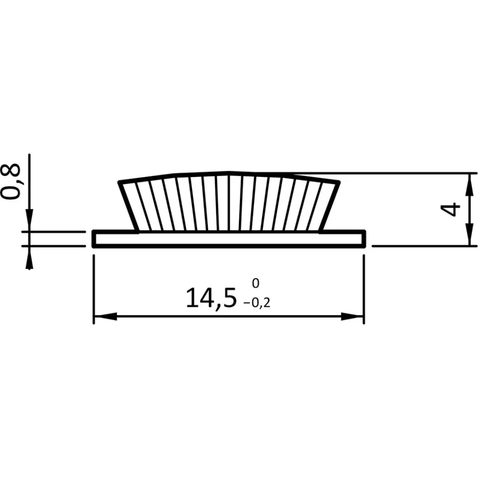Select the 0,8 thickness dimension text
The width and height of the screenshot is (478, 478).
pos(11,181)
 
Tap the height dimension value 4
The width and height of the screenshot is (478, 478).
pos(450,210)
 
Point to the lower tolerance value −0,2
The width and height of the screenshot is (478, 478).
pos(257,302)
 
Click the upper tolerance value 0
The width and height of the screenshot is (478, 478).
pos(255,283)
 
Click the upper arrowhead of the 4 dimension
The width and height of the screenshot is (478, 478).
pos(469,184)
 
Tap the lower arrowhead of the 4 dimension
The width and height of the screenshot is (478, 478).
pos(469,235)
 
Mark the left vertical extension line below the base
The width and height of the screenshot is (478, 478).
pos(93,288)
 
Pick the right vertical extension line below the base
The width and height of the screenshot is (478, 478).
pos(364,288)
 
